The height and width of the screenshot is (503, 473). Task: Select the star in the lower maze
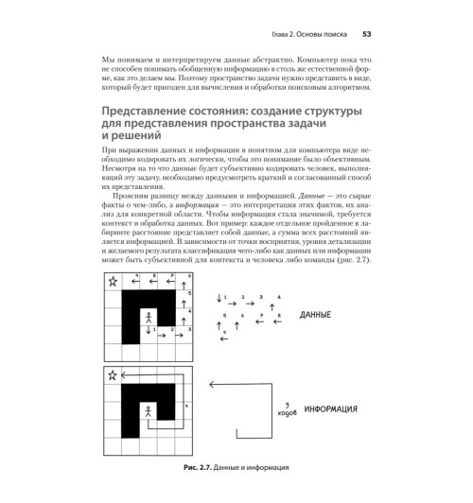tap(113, 376)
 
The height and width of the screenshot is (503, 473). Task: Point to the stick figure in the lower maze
tap(148, 412)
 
